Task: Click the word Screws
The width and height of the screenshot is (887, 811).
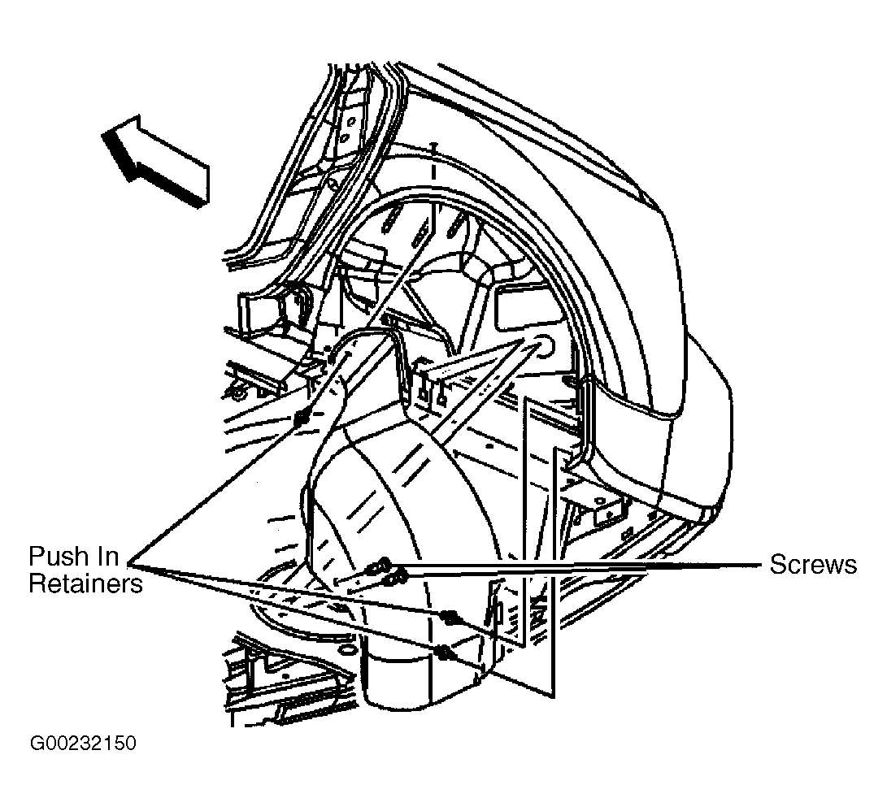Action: pyautogui.click(x=813, y=565)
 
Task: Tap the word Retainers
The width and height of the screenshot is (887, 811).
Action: pyautogui.click(x=85, y=583)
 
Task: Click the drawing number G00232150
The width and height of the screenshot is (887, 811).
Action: pyautogui.click(x=83, y=743)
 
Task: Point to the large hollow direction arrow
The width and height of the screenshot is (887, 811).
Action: pyautogui.click(x=154, y=160)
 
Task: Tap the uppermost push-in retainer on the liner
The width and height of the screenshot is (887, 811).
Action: pyautogui.click(x=302, y=419)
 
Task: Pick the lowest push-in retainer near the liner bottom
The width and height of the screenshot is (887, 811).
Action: pyautogui.click(x=446, y=652)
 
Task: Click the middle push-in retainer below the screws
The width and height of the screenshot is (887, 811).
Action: pyautogui.click(x=450, y=617)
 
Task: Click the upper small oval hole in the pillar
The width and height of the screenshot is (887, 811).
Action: pyautogui.click(x=350, y=121)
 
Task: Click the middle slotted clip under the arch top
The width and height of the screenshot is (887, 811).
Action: pyautogui.click(x=420, y=233)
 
